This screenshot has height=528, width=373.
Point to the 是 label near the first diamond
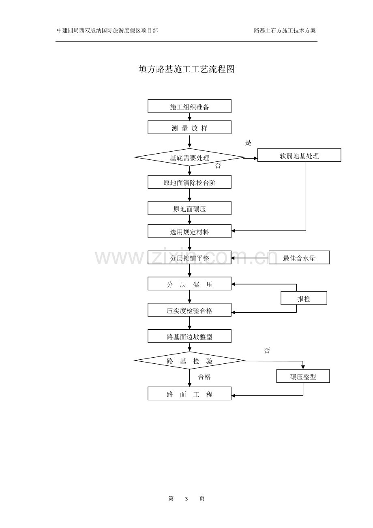point(249,143)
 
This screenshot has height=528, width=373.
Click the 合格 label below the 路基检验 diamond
point(204,377)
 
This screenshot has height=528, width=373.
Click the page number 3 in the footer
point(186,498)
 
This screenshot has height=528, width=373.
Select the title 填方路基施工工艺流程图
point(186,69)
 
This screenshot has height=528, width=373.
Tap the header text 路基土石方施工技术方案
point(285,30)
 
